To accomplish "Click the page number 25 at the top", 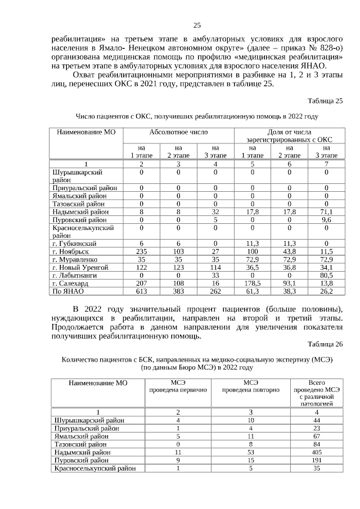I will pyautogui.click(x=197, y=25).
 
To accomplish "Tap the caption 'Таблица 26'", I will pyautogui.click(x=325, y=345).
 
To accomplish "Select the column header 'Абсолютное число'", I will pyautogui.click(x=178, y=132).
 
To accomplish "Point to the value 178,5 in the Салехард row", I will pyautogui.click(x=252, y=283).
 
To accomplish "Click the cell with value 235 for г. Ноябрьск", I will pyautogui.click(x=142, y=251).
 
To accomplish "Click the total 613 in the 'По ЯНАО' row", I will pyautogui.click(x=142, y=291).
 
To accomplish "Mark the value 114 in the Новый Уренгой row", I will pyautogui.click(x=215, y=268).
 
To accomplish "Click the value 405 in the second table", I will pyautogui.click(x=317, y=451).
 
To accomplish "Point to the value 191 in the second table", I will pyautogui.click(x=317, y=459).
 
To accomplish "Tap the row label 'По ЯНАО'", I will pyautogui.click(x=67, y=291).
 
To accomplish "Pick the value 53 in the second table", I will pyautogui.click(x=250, y=451).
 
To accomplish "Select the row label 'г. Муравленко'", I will pyautogui.click(x=74, y=260).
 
